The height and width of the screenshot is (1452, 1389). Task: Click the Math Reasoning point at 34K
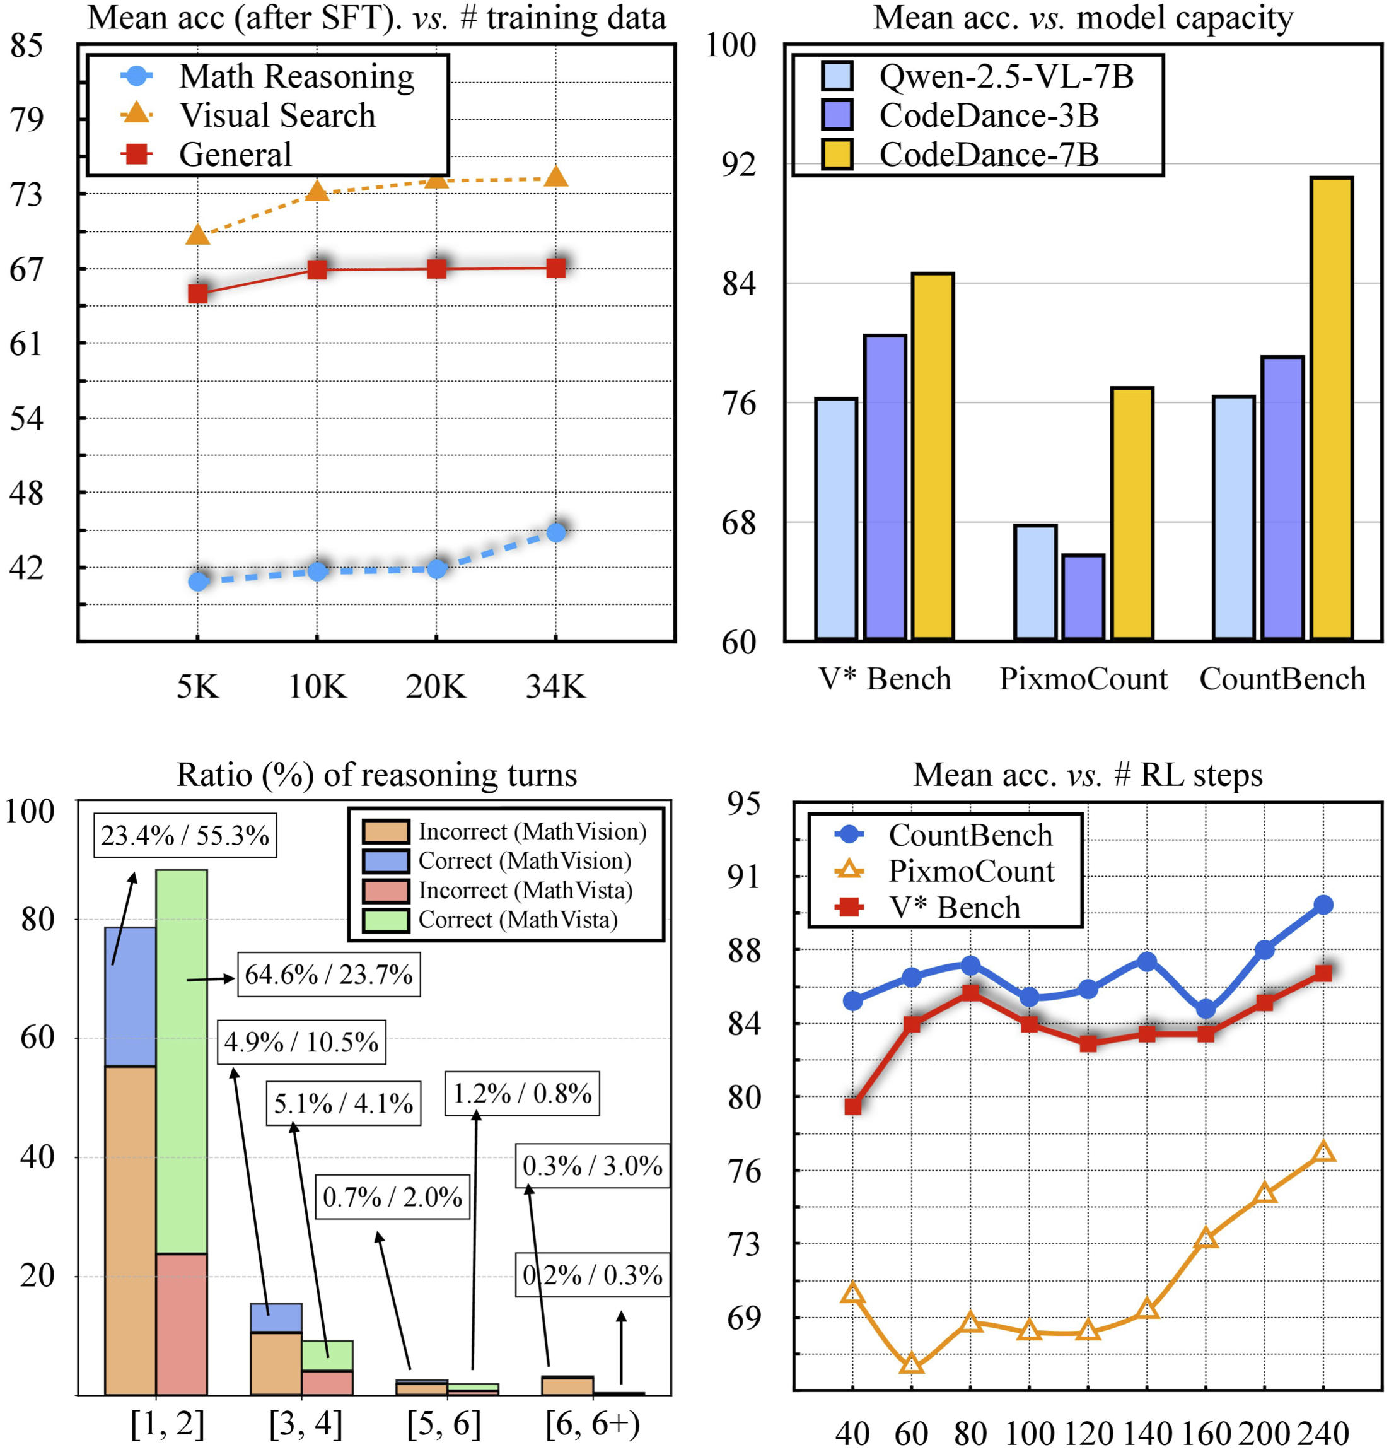pyautogui.click(x=556, y=532)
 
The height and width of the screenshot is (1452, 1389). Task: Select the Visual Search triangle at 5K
pyautogui.click(x=198, y=235)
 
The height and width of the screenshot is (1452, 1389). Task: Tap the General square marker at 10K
pyautogui.click(x=317, y=270)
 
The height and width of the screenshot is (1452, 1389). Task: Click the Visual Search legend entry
pyautogui.click(x=277, y=115)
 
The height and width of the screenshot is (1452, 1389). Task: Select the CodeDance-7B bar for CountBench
pyautogui.click(x=1330, y=407)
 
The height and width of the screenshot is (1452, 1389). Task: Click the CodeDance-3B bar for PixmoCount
pyautogui.click(x=1083, y=596)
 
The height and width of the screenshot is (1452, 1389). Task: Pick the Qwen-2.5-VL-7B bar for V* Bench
pyautogui.click(x=836, y=518)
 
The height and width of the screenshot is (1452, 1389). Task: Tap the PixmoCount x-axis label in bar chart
pyautogui.click(x=1083, y=679)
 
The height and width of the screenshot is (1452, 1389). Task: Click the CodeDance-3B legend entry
pyautogui.click(x=989, y=115)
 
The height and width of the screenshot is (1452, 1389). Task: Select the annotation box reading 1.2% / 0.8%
pyautogui.click(x=522, y=1094)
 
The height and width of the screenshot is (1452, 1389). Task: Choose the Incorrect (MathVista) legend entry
pyautogui.click(x=525, y=890)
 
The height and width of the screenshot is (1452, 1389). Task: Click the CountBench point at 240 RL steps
pyautogui.click(x=1323, y=905)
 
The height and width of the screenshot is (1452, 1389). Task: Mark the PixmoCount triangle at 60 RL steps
pyautogui.click(x=912, y=1363)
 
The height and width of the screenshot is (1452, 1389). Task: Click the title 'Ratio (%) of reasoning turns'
pyautogui.click(x=376, y=775)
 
